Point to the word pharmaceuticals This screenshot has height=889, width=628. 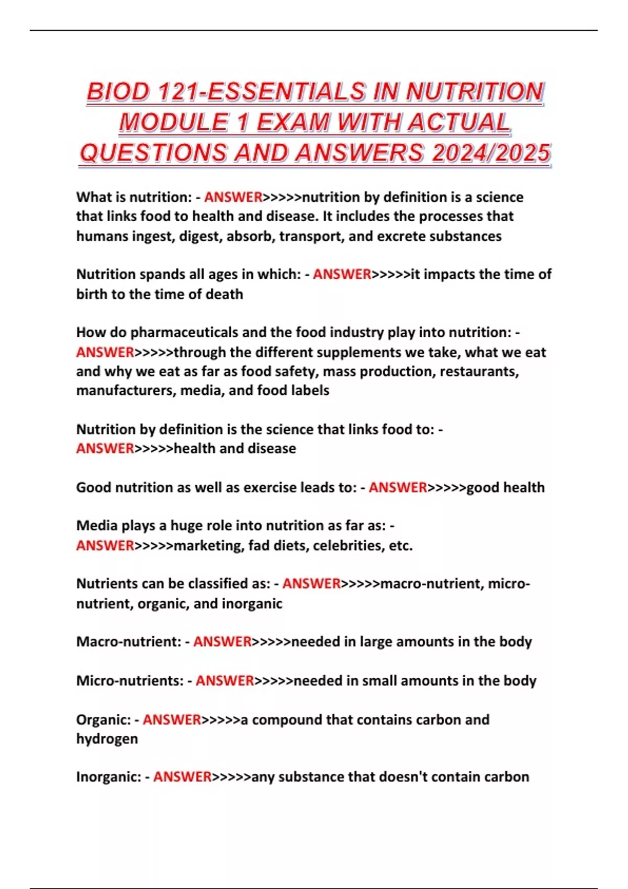click(184, 333)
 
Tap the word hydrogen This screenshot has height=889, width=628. click(107, 739)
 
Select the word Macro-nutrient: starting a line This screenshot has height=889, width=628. click(129, 642)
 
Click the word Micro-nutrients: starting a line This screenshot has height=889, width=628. click(130, 681)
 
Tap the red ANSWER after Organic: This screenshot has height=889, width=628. click(172, 720)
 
